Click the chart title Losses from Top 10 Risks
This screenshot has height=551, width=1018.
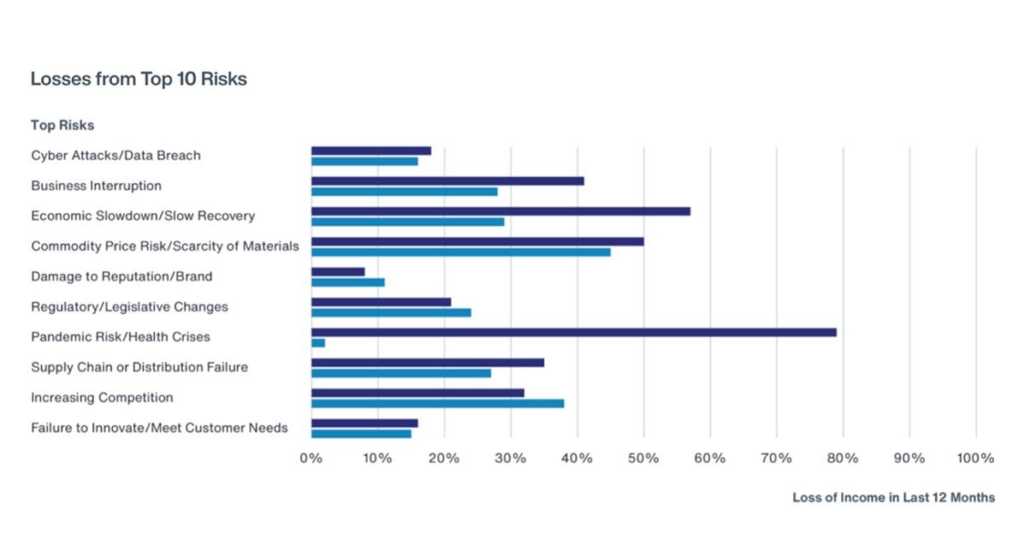coord(139,79)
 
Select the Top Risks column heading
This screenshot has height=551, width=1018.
coord(62,125)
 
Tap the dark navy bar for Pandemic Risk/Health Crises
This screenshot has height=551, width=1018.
coord(573,332)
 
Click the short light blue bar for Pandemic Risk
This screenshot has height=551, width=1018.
coord(318,343)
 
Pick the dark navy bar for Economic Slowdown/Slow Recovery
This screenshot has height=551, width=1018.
coord(500,210)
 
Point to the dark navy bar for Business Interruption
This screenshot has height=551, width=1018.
coord(447,181)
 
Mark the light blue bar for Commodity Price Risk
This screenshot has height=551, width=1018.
coord(460,252)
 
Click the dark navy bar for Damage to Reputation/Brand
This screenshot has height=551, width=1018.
coord(338,271)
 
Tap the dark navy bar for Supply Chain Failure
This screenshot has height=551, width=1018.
coord(428,362)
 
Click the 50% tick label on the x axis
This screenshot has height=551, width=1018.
coord(643,459)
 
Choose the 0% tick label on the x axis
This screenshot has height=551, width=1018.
coord(311,459)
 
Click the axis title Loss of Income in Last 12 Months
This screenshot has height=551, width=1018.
coord(893,497)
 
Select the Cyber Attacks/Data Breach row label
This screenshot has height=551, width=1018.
coord(115,156)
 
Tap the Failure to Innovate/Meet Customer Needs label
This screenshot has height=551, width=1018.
coord(159,428)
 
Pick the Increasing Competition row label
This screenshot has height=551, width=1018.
coord(102,398)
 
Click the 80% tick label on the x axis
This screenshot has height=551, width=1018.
coord(843,459)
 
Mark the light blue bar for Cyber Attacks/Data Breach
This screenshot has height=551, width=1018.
coord(364,161)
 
